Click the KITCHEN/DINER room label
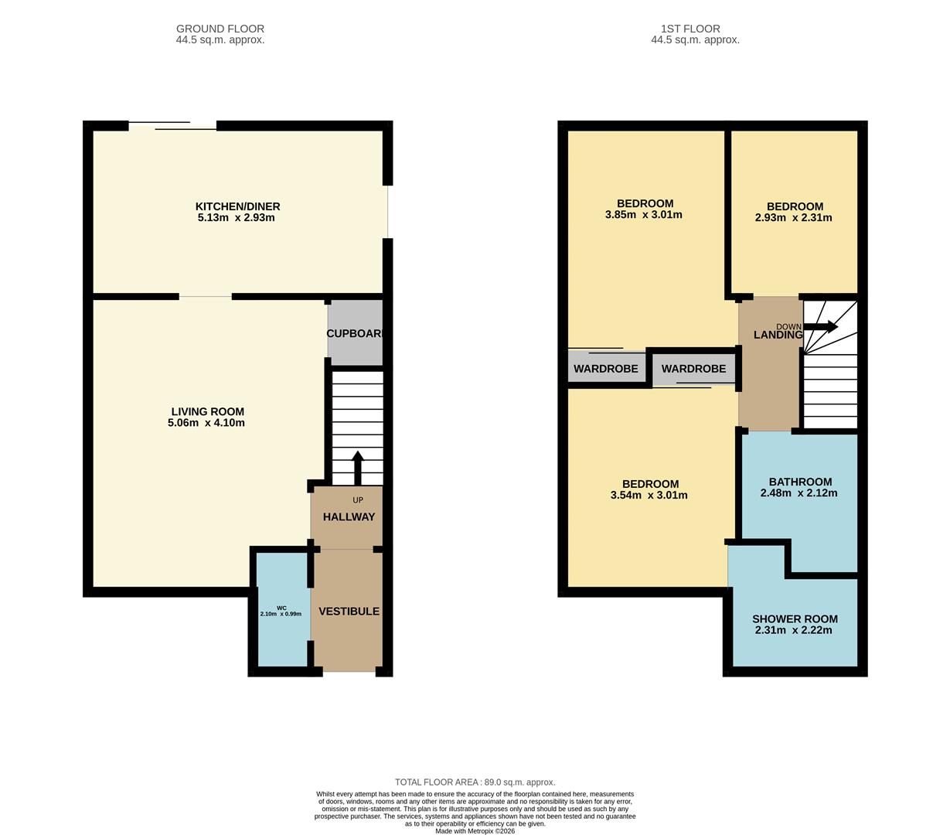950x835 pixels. pos(237,206)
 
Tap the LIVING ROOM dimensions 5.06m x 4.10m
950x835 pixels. pos(206,423)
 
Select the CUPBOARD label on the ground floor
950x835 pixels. pos(355,334)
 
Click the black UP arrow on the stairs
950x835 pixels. pos(357,467)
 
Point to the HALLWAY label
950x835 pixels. pos(349,516)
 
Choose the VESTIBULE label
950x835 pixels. pos(349,611)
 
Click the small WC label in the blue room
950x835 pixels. pos(281,608)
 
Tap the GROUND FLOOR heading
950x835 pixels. pos(220,29)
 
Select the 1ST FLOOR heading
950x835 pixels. pos(696,29)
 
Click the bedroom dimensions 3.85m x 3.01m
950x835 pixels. pos(643,215)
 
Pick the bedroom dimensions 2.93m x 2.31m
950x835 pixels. pos(794,217)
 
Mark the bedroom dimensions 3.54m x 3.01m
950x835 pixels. pos(649,495)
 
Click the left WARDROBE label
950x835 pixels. pos(606,369)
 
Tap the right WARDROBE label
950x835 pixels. pos(693,369)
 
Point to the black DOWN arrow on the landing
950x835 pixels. pos(821,326)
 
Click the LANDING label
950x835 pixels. pos(778,335)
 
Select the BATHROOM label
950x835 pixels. pos(800,482)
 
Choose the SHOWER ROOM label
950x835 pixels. pos(795,619)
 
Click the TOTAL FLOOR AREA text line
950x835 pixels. pos(475,782)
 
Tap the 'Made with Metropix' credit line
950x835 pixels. pos(475,831)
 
